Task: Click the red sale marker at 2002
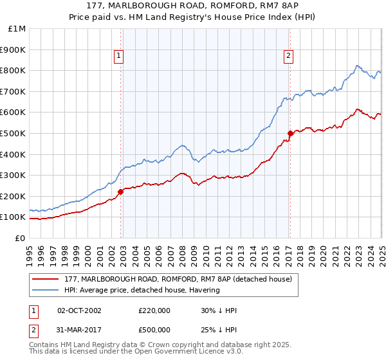(x=120, y=192)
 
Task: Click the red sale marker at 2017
(x=290, y=133)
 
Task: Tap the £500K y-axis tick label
(x=13, y=133)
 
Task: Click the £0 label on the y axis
(x=19, y=238)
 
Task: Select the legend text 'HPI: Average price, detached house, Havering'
(x=142, y=291)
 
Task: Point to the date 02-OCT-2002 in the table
(x=79, y=310)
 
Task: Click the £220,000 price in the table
(x=154, y=310)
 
